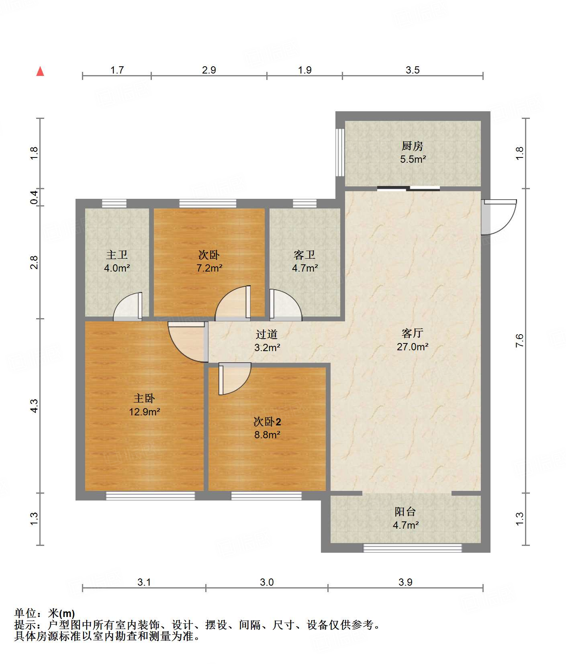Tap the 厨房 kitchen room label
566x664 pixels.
point(413,146)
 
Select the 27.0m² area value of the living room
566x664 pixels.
point(413,347)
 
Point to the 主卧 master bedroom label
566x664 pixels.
point(144,398)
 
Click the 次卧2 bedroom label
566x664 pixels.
point(267,421)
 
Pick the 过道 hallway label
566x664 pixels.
point(267,334)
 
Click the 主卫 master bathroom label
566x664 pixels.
point(117,255)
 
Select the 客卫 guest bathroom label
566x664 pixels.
point(304,255)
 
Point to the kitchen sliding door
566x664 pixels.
point(409,188)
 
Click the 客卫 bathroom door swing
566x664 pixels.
point(285,305)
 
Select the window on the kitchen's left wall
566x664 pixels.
point(340,152)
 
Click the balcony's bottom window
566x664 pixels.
point(413,548)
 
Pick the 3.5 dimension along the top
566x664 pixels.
point(413,70)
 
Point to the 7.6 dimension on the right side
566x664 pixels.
point(520,341)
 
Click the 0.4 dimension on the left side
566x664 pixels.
point(35,197)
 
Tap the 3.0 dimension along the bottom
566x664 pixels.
point(267,582)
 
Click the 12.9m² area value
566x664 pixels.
point(145,412)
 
